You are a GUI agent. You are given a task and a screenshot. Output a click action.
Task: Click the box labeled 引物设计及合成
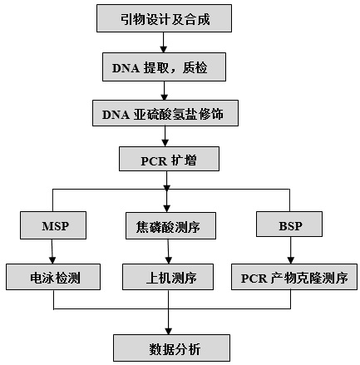[164, 18]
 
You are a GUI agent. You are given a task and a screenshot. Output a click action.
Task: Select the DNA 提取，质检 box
[164, 67]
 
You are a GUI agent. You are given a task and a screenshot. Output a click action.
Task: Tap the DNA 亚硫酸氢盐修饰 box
[165, 113]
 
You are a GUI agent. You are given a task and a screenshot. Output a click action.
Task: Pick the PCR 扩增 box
[169, 159]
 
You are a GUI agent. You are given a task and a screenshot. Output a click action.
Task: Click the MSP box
[53, 225]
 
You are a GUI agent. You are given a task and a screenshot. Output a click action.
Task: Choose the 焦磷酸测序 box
[170, 225]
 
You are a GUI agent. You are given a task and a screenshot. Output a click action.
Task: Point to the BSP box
[289, 224]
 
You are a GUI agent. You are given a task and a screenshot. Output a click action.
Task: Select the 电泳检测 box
[53, 277]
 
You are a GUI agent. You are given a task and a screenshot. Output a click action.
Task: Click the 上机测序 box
[168, 277]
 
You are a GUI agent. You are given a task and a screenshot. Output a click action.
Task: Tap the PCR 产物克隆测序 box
[294, 277]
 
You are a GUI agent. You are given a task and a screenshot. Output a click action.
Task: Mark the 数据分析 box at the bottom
[171, 348]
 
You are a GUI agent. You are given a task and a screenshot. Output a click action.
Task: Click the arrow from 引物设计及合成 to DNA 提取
[164, 42]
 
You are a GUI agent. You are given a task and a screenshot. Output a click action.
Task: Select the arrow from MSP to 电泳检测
[52, 251]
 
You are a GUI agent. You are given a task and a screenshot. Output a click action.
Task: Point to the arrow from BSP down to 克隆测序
[290, 250]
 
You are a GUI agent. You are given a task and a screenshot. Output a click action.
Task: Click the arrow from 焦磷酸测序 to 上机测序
[168, 251]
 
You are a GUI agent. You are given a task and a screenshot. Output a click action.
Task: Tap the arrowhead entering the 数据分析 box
[169, 331]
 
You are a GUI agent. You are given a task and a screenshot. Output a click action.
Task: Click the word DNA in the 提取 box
[126, 68]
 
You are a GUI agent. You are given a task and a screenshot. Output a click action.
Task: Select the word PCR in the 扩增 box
[154, 161]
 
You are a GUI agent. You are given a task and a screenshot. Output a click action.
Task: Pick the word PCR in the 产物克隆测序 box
[254, 279]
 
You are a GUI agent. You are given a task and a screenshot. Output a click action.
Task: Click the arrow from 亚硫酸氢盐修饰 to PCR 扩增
[165, 136]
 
